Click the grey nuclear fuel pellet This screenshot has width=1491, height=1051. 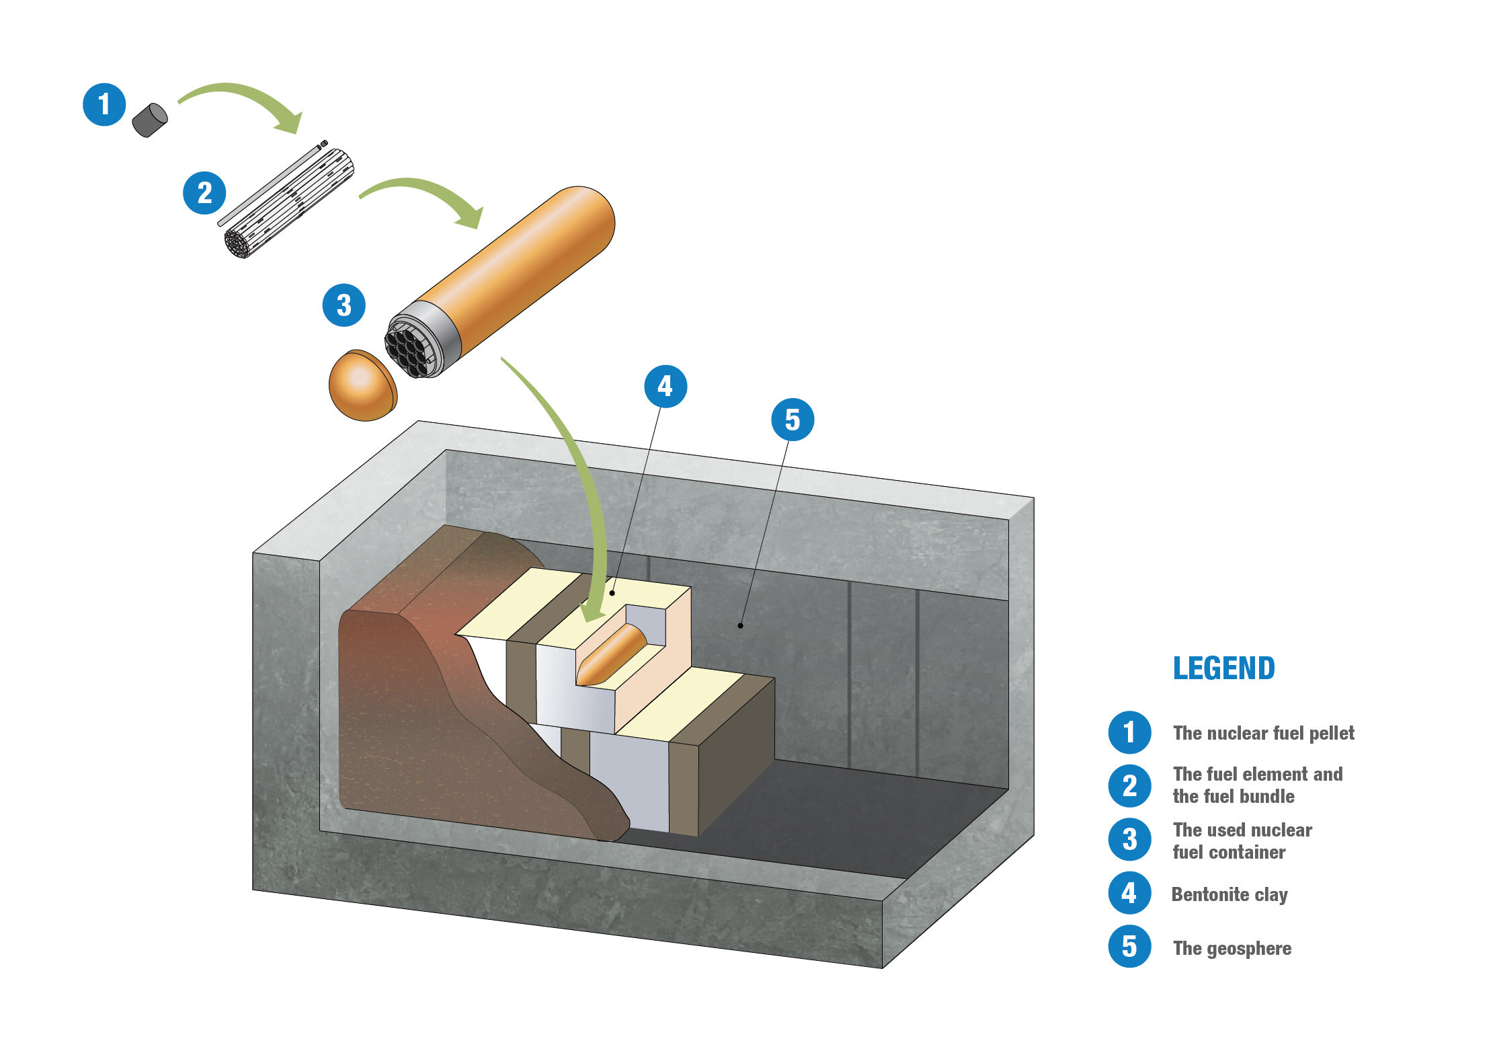pyautogui.click(x=149, y=120)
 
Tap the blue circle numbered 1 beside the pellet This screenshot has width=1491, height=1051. pyautogui.click(x=104, y=104)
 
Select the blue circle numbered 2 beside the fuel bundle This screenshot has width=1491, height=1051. pyautogui.click(x=204, y=193)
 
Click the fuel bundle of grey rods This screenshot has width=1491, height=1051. pyautogui.click(x=289, y=202)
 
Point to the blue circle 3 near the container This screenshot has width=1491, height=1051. pyautogui.click(x=344, y=305)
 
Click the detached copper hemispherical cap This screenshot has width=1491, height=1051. pyautogui.click(x=362, y=385)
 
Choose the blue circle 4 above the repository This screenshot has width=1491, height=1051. pyautogui.click(x=665, y=386)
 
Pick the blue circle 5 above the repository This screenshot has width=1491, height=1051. pyautogui.click(x=793, y=420)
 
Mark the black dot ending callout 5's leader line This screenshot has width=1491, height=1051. pyautogui.click(x=740, y=625)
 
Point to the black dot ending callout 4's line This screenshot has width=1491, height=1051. pyautogui.click(x=612, y=593)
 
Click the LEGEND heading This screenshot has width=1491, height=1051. pyautogui.click(x=1223, y=668)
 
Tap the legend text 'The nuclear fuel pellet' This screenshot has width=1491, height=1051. pyautogui.click(x=1263, y=733)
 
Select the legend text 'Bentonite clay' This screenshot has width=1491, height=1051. pyautogui.click(x=1229, y=894)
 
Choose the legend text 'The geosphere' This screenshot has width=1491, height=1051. pyautogui.click(x=1232, y=948)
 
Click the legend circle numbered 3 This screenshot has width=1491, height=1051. pyautogui.click(x=1129, y=839)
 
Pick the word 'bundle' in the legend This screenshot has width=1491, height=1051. pyautogui.click(x=1267, y=796)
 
